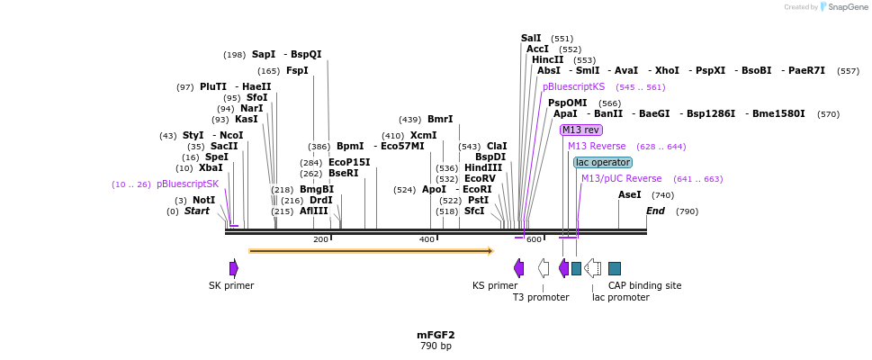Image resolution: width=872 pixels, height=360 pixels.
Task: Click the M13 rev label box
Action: tap(580, 130)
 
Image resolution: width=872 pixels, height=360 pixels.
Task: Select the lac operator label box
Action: tap(603, 162)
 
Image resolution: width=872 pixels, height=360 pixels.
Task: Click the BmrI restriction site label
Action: tap(440, 119)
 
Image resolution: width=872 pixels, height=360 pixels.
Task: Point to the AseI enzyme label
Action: tap(630, 194)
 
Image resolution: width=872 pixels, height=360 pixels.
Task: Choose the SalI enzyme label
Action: tap(531, 38)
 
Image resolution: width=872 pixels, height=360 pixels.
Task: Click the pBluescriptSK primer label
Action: tap(187, 184)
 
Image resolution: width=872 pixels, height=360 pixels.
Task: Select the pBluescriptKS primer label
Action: tap(573, 87)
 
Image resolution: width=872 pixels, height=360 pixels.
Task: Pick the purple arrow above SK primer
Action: tap(234, 268)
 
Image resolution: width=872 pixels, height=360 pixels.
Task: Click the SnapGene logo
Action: tap(836, 7)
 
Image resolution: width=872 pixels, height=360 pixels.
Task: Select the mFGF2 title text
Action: tap(436, 335)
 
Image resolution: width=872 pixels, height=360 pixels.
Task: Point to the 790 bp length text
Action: tap(436, 346)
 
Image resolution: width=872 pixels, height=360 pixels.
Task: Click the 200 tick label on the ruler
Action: tap(321, 239)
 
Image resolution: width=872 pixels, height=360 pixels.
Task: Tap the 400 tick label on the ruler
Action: tap(427, 239)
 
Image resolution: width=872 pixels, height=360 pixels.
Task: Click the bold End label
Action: tap(655, 211)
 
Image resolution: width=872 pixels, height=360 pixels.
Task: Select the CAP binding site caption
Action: tap(644, 285)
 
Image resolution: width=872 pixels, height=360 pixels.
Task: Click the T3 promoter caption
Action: tap(541, 297)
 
